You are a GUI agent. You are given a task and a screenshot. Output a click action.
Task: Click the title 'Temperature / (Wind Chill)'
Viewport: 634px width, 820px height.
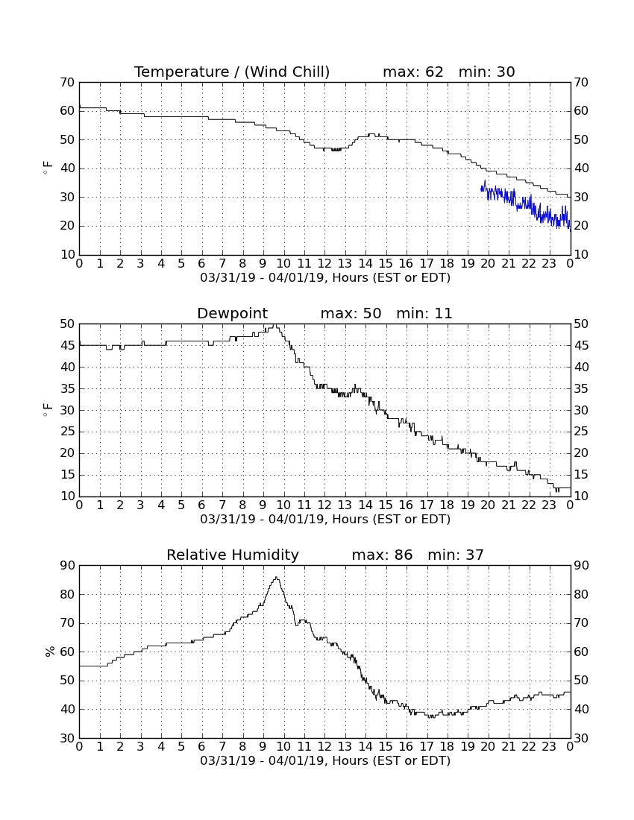[232, 72]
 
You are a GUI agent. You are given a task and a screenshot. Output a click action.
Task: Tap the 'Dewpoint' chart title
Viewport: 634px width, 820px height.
[232, 313]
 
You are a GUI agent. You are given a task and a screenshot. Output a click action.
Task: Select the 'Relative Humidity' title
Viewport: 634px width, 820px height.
[232, 555]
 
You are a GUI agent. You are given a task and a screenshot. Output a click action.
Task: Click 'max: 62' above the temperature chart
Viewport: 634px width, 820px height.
[412, 72]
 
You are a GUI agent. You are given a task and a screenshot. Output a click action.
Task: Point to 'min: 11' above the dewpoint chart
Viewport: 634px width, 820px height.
[424, 313]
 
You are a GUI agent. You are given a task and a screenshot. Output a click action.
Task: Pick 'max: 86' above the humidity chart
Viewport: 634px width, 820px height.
[382, 555]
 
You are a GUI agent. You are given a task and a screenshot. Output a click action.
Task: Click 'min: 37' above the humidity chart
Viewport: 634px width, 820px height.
[456, 555]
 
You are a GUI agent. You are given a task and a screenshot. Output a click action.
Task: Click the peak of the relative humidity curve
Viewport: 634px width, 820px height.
[276, 577]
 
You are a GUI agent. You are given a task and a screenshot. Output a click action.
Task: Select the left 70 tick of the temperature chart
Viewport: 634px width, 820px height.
[67, 82]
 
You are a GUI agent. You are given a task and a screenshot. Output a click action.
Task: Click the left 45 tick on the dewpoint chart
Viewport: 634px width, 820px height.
[67, 345]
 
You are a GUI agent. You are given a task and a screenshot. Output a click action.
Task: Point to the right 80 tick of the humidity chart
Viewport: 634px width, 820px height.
[581, 594]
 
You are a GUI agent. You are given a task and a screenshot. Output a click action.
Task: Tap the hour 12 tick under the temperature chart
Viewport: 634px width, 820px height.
[324, 263]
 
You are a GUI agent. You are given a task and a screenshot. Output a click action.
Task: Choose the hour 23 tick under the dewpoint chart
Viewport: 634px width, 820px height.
[549, 505]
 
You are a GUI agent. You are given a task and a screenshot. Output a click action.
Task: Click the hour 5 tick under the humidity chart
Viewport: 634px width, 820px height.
[181, 746]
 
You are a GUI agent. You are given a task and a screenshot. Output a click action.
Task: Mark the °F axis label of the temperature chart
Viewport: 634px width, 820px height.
[48, 168]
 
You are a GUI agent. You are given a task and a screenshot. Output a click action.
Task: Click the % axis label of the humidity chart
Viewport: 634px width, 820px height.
[50, 651]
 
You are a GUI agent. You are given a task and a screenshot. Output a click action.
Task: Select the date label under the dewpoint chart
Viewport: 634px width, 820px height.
[325, 520]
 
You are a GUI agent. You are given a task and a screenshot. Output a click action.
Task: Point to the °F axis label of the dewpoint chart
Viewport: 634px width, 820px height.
[48, 410]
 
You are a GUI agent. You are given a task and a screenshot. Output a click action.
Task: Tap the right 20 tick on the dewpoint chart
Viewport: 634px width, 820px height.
[581, 453]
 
